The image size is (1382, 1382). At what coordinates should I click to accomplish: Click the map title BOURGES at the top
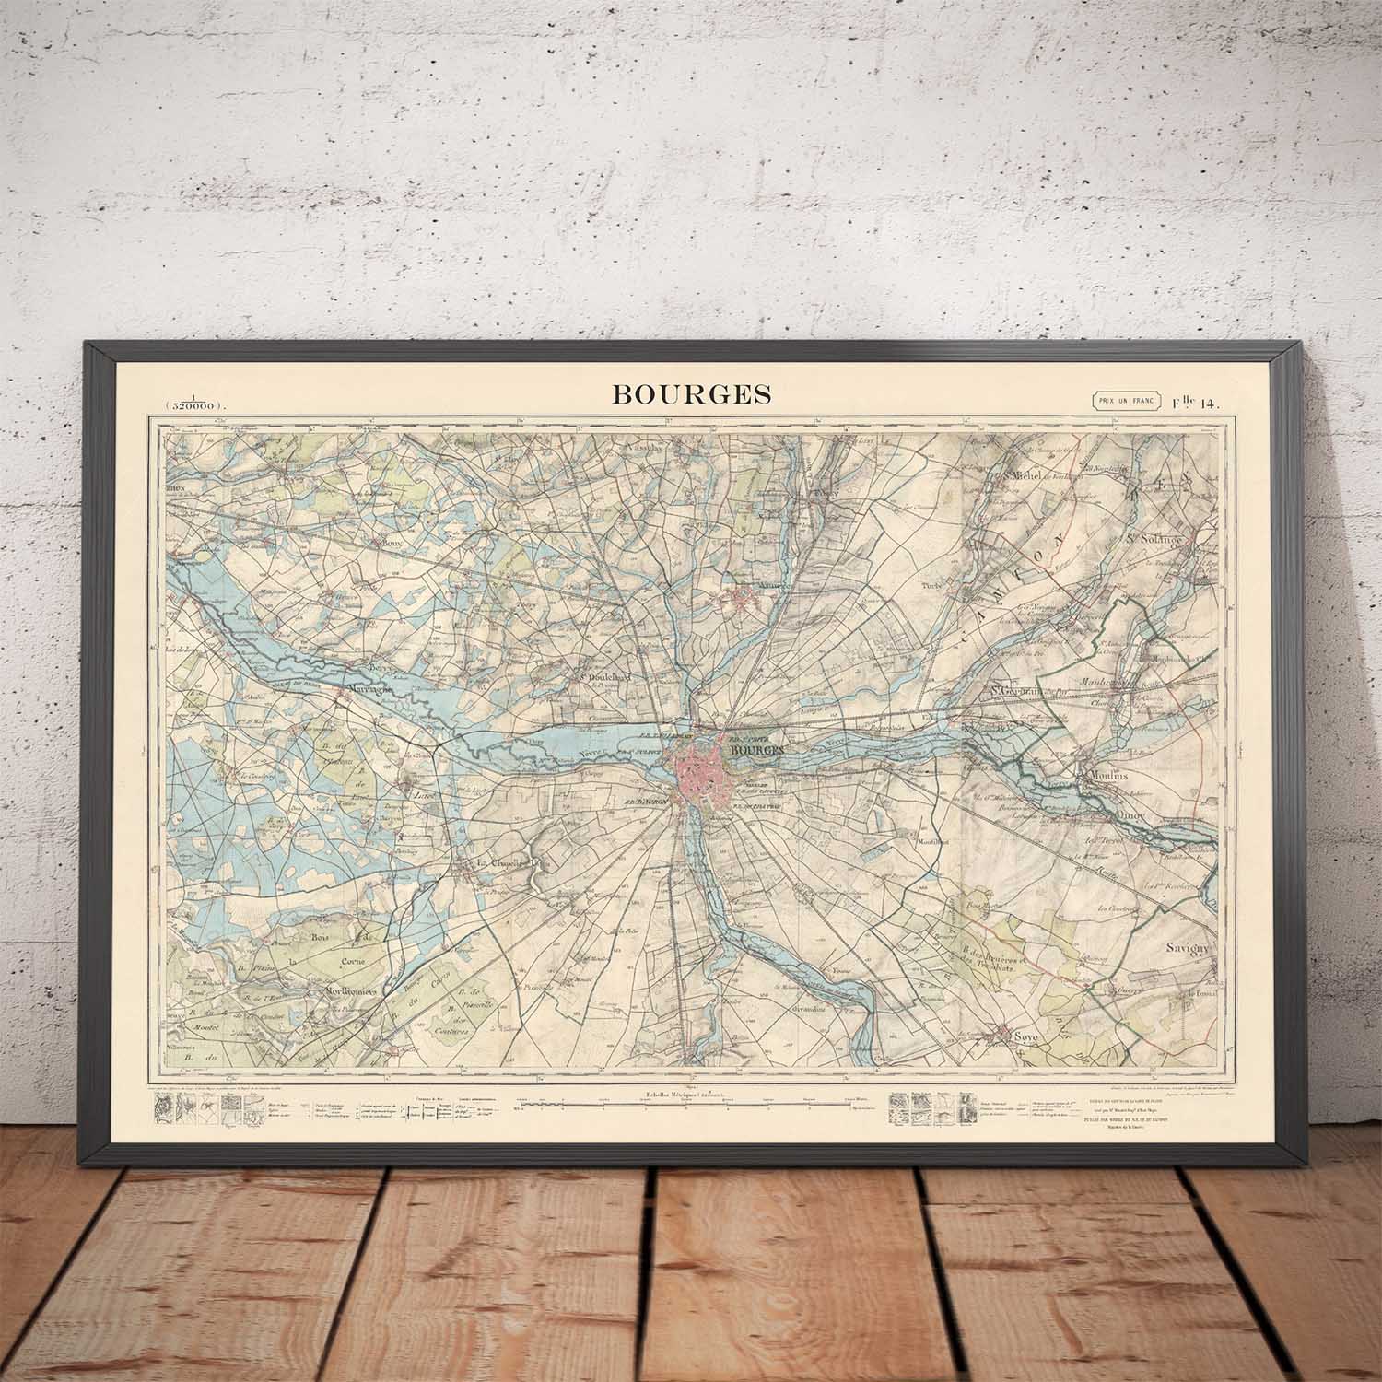tap(692, 394)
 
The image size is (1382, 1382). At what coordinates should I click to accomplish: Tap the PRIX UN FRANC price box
tap(1125, 400)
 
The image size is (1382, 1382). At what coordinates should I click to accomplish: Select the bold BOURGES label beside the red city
tap(756, 750)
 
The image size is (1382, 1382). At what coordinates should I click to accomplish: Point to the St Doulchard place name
tap(603, 675)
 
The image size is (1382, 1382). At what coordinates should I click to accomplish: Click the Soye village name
tap(1024, 1037)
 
